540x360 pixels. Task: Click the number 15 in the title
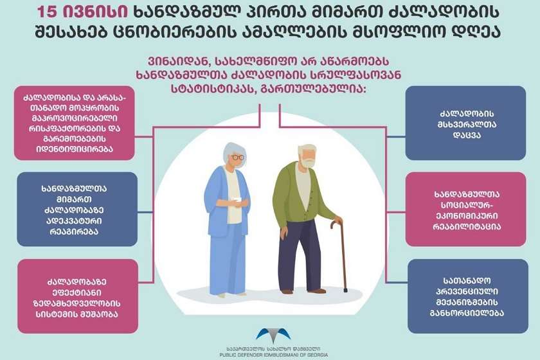click(x=48, y=12)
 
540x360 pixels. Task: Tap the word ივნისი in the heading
click(x=96, y=12)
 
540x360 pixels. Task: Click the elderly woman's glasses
click(x=237, y=157)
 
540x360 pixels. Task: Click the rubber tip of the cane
click(x=345, y=291)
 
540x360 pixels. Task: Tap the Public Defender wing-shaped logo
click(x=273, y=335)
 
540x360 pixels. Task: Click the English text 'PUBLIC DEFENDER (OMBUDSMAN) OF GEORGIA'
click(x=273, y=355)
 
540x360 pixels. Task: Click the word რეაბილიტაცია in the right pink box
click(x=467, y=226)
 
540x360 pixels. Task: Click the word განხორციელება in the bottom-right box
click(x=467, y=313)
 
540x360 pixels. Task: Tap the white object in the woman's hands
click(x=237, y=199)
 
